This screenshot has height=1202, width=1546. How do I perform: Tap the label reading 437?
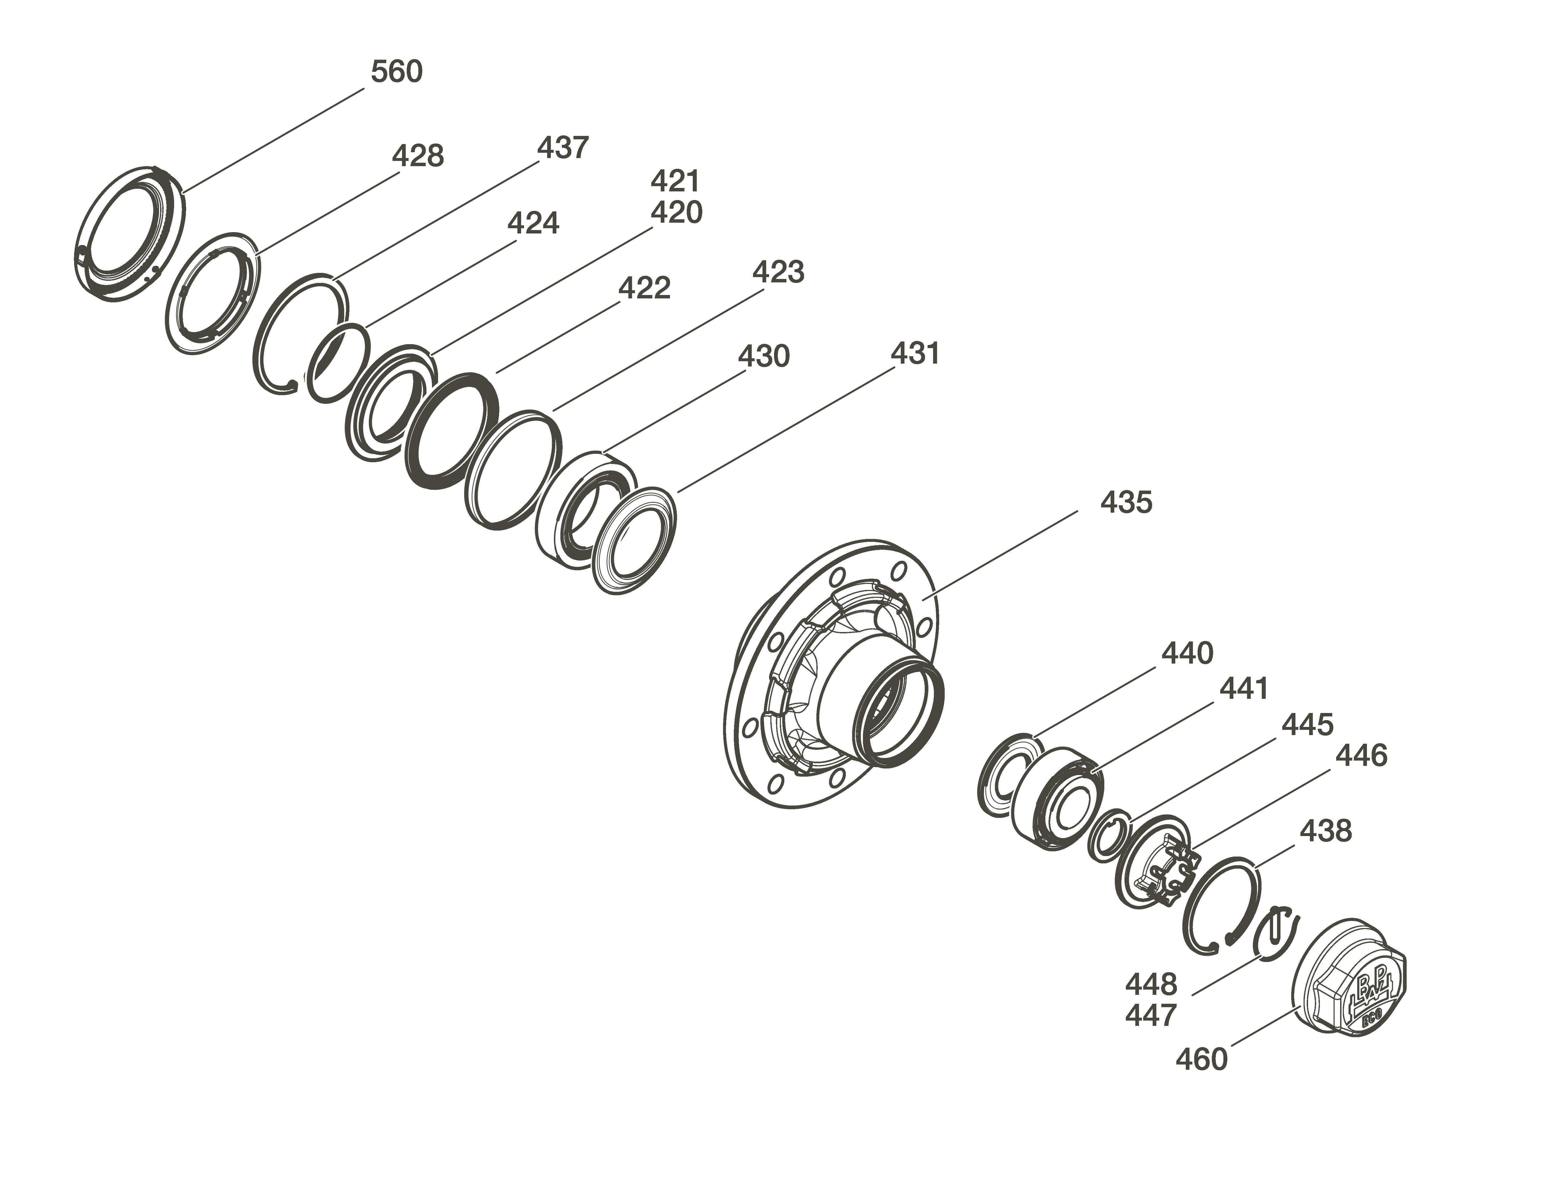click(x=563, y=148)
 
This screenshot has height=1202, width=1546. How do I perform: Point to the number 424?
click(x=533, y=224)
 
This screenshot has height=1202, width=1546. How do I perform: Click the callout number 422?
click(x=644, y=288)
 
